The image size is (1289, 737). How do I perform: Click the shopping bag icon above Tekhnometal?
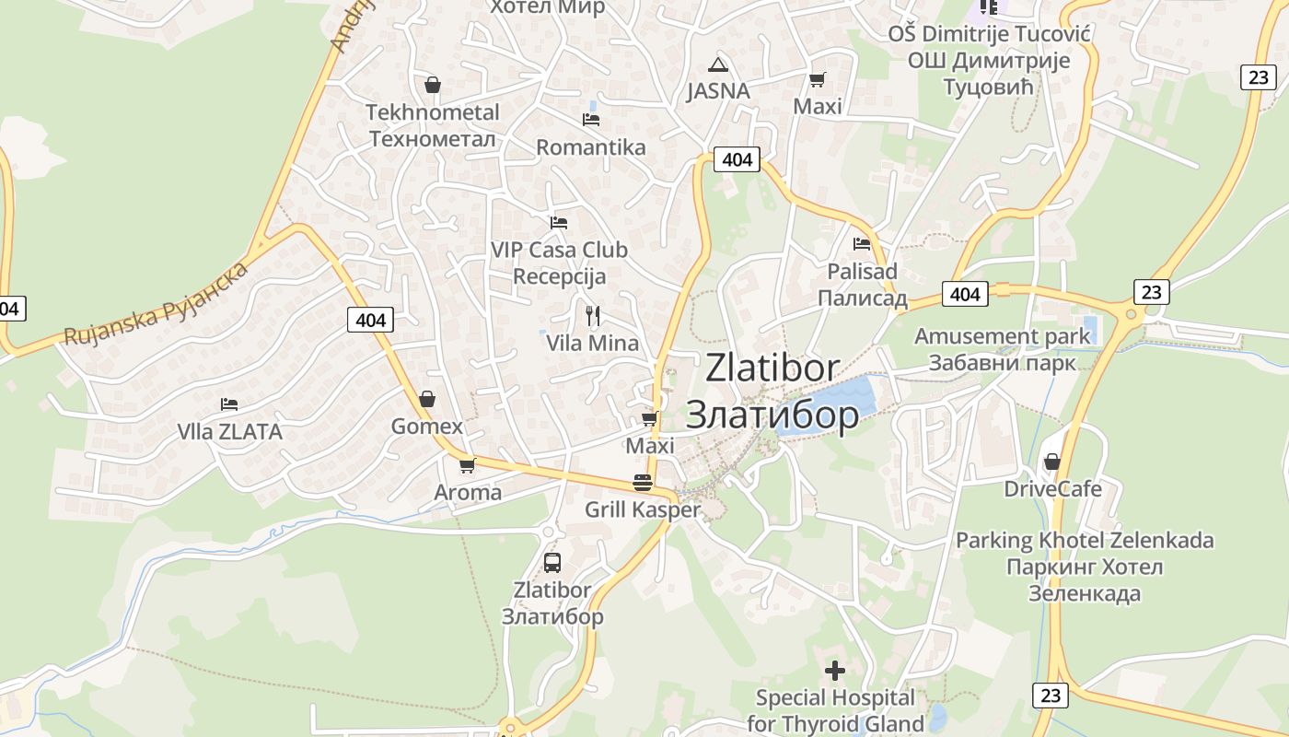point(433,85)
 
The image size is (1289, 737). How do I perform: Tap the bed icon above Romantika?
point(591,120)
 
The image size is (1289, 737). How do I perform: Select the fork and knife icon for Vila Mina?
point(593,316)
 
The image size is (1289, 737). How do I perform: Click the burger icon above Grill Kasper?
point(643,482)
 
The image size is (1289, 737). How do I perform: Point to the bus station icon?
point(552,562)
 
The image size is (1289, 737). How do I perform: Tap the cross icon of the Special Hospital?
point(835,671)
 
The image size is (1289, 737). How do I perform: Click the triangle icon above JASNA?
point(718,64)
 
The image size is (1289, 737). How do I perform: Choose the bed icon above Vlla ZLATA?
point(229,404)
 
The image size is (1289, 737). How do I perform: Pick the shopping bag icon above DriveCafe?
point(1052,461)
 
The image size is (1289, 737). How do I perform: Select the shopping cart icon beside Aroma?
point(467,465)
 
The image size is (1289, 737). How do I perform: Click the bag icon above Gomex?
point(426,399)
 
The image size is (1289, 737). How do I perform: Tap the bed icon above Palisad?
point(862,244)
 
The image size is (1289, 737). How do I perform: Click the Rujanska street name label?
point(157,303)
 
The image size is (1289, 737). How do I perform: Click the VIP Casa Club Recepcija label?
point(559,263)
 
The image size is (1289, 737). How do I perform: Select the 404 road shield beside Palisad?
point(965,294)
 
